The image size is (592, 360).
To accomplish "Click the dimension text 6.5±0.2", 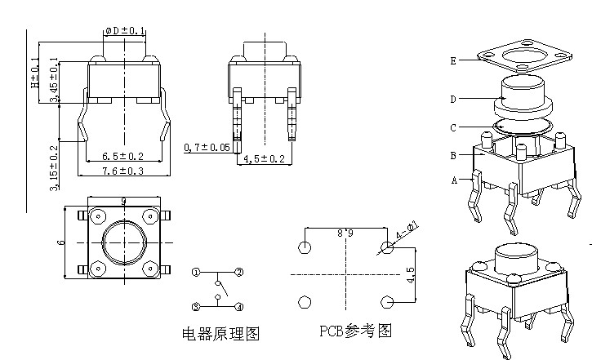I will pyautogui.click(x=122, y=156).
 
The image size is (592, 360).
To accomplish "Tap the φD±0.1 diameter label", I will pyautogui.click(x=125, y=31).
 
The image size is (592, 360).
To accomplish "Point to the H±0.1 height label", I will pyautogui.click(x=34, y=73).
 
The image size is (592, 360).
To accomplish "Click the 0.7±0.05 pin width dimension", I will pyautogui.click(x=206, y=148).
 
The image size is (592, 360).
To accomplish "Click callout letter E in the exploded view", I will pyautogui.click(x=452, y=60).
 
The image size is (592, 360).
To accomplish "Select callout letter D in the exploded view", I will pyautogui.click(x=452, y=99).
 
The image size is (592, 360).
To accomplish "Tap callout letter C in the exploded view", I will pyautogui.click(x=452, y=127).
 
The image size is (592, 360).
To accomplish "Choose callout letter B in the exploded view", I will pyautogui.click(x=452, y=155).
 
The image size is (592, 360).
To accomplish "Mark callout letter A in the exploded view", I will pyautogui.click(x=454, y=180).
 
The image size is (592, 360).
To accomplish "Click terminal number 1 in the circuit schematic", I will pyautogui.click(x=196, y=271).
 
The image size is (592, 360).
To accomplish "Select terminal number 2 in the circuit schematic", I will pyautogui.click(x=238, y=271).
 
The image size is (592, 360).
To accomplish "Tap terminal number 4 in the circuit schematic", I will pyautogui.click(x=238, y=307).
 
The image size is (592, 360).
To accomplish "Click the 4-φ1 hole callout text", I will pyautogui.click(x=406, y=232).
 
